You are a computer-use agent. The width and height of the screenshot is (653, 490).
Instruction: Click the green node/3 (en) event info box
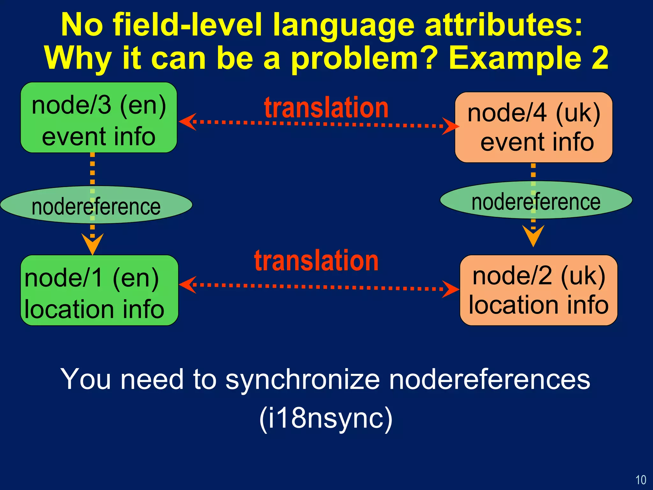pyautogui.click(x=99, y=117)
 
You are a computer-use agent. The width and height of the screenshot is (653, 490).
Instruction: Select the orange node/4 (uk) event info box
pyautogui.click(x=533, y=128)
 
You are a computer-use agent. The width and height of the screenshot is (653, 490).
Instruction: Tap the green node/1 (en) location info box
pyautogui.click(x=99, y=290)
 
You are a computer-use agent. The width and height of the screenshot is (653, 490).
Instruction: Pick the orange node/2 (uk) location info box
pyautogui.click(x=538, y=290)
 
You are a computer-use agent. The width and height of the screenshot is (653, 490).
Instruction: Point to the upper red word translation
pyautogui.click(x=326, y=108)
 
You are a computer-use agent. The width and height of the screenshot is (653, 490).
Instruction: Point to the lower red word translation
pyautogui.click(x=316, y=261)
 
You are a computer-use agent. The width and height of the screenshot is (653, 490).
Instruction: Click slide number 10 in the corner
pyautogui.click(x=641, y=480)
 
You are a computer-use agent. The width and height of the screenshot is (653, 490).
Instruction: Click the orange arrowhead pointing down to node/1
pyautogui.click(x=92, y=244)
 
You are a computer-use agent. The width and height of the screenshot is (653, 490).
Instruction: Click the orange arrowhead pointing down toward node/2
pyautogui.click(x=533, y=235)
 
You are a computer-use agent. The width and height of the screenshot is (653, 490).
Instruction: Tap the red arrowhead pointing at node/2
pyautogui.click(x=451, y=289)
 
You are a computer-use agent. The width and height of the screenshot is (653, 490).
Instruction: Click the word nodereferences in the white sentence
pyautogui.click(x=489, y=380)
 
